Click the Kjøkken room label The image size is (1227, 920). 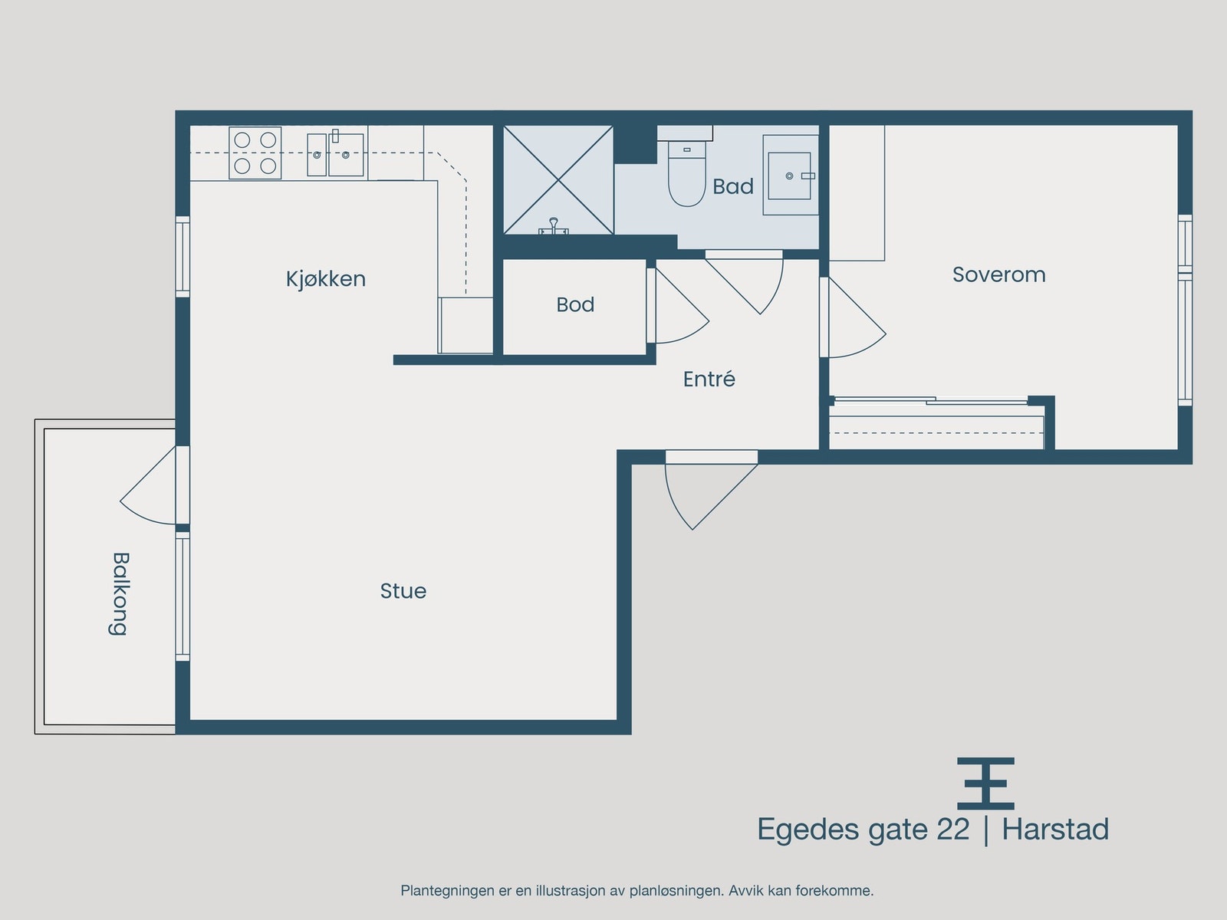[326, 278]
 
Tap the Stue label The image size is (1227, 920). [403, 591]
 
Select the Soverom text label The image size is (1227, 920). [998, 274]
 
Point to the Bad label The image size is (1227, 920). [732, 186]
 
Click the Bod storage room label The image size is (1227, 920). [575, 304]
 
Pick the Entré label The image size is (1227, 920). [709, 379]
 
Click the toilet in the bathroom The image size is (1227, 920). [686, 175]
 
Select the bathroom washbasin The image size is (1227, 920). [790, 176]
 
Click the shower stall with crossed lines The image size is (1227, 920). [558, 180]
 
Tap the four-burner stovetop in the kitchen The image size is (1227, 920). [255, 153]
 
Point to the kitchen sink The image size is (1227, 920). [336, 154]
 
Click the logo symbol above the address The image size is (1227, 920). [985, 784]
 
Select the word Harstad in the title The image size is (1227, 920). [1055, 830]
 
